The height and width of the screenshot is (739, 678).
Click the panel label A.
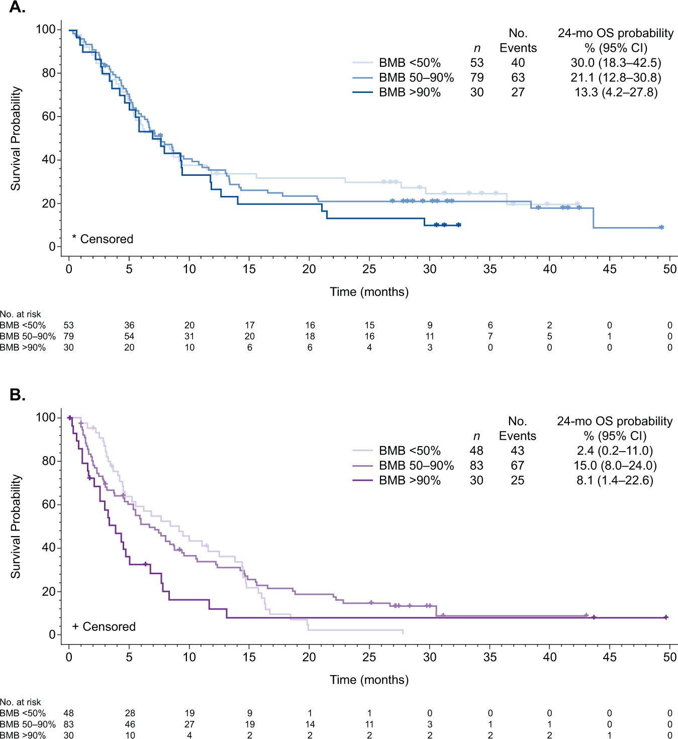click(17, 8)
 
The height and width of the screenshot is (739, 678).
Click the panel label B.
click(17, 395)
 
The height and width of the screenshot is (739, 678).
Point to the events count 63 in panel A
click(518, 78)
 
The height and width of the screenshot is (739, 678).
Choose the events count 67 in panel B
click(517, 466)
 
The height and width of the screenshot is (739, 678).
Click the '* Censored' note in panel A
click(103, 239)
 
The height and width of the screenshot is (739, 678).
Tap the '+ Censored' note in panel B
click(104, 627)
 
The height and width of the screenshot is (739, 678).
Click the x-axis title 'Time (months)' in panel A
click(369, 292)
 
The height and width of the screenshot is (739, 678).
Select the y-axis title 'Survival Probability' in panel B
click(16, 526)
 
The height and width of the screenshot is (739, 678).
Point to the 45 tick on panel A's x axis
click(609, 269)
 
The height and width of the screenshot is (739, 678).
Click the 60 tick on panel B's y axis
click(48, 504)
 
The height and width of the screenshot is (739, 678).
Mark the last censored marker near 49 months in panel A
click(661, 228)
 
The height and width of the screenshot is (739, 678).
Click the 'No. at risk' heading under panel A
click(21, 314)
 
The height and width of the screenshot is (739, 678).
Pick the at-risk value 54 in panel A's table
click(129, 337)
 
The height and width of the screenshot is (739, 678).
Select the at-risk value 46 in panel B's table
click(130, 724)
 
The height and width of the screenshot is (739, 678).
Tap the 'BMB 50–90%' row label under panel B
click(28, 724)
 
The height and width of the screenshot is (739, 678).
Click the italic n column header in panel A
click(477, 48)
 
